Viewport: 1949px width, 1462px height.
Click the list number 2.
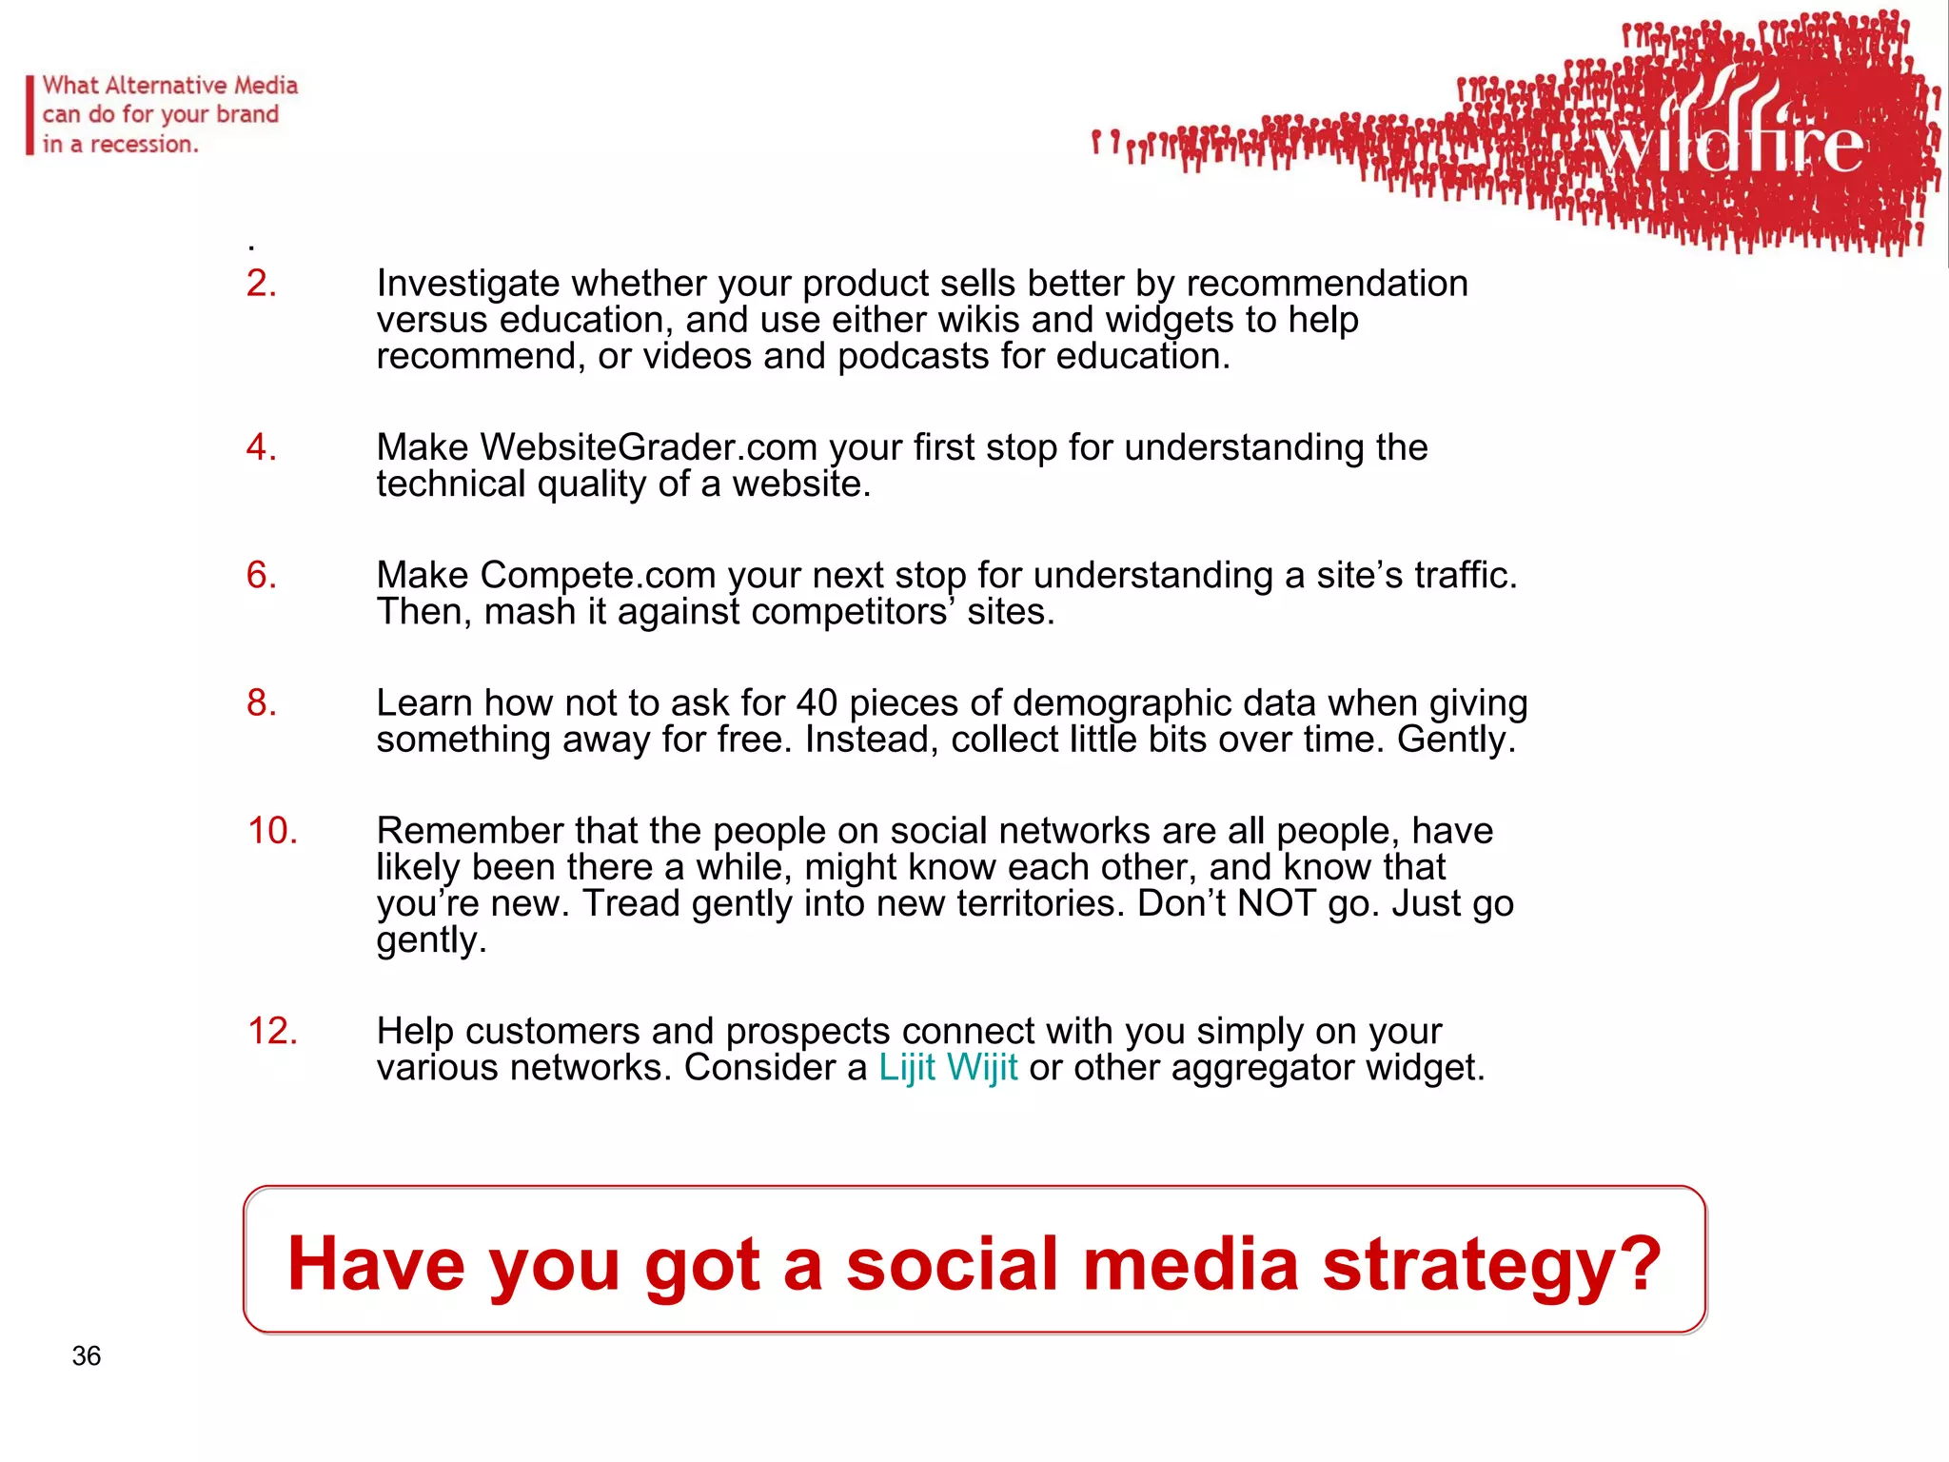tap(261, 284)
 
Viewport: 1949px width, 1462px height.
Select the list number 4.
tap(261, 447)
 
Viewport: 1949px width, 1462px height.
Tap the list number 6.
tap(261, 575)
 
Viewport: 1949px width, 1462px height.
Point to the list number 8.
tap(261, 702)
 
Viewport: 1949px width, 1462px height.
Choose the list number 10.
tap(272, 831)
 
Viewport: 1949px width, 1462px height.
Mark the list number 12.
tap(272, 1031)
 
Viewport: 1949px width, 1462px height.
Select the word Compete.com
tap(598, 575)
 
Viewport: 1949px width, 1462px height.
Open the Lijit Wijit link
tap(948, 1068)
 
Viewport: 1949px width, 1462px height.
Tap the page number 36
tap(86, 1355)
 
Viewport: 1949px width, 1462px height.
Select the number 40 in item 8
tap(817, 703)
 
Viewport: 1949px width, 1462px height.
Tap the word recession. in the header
tap(144, 145)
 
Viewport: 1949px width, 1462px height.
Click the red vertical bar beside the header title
tap(30, 115)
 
